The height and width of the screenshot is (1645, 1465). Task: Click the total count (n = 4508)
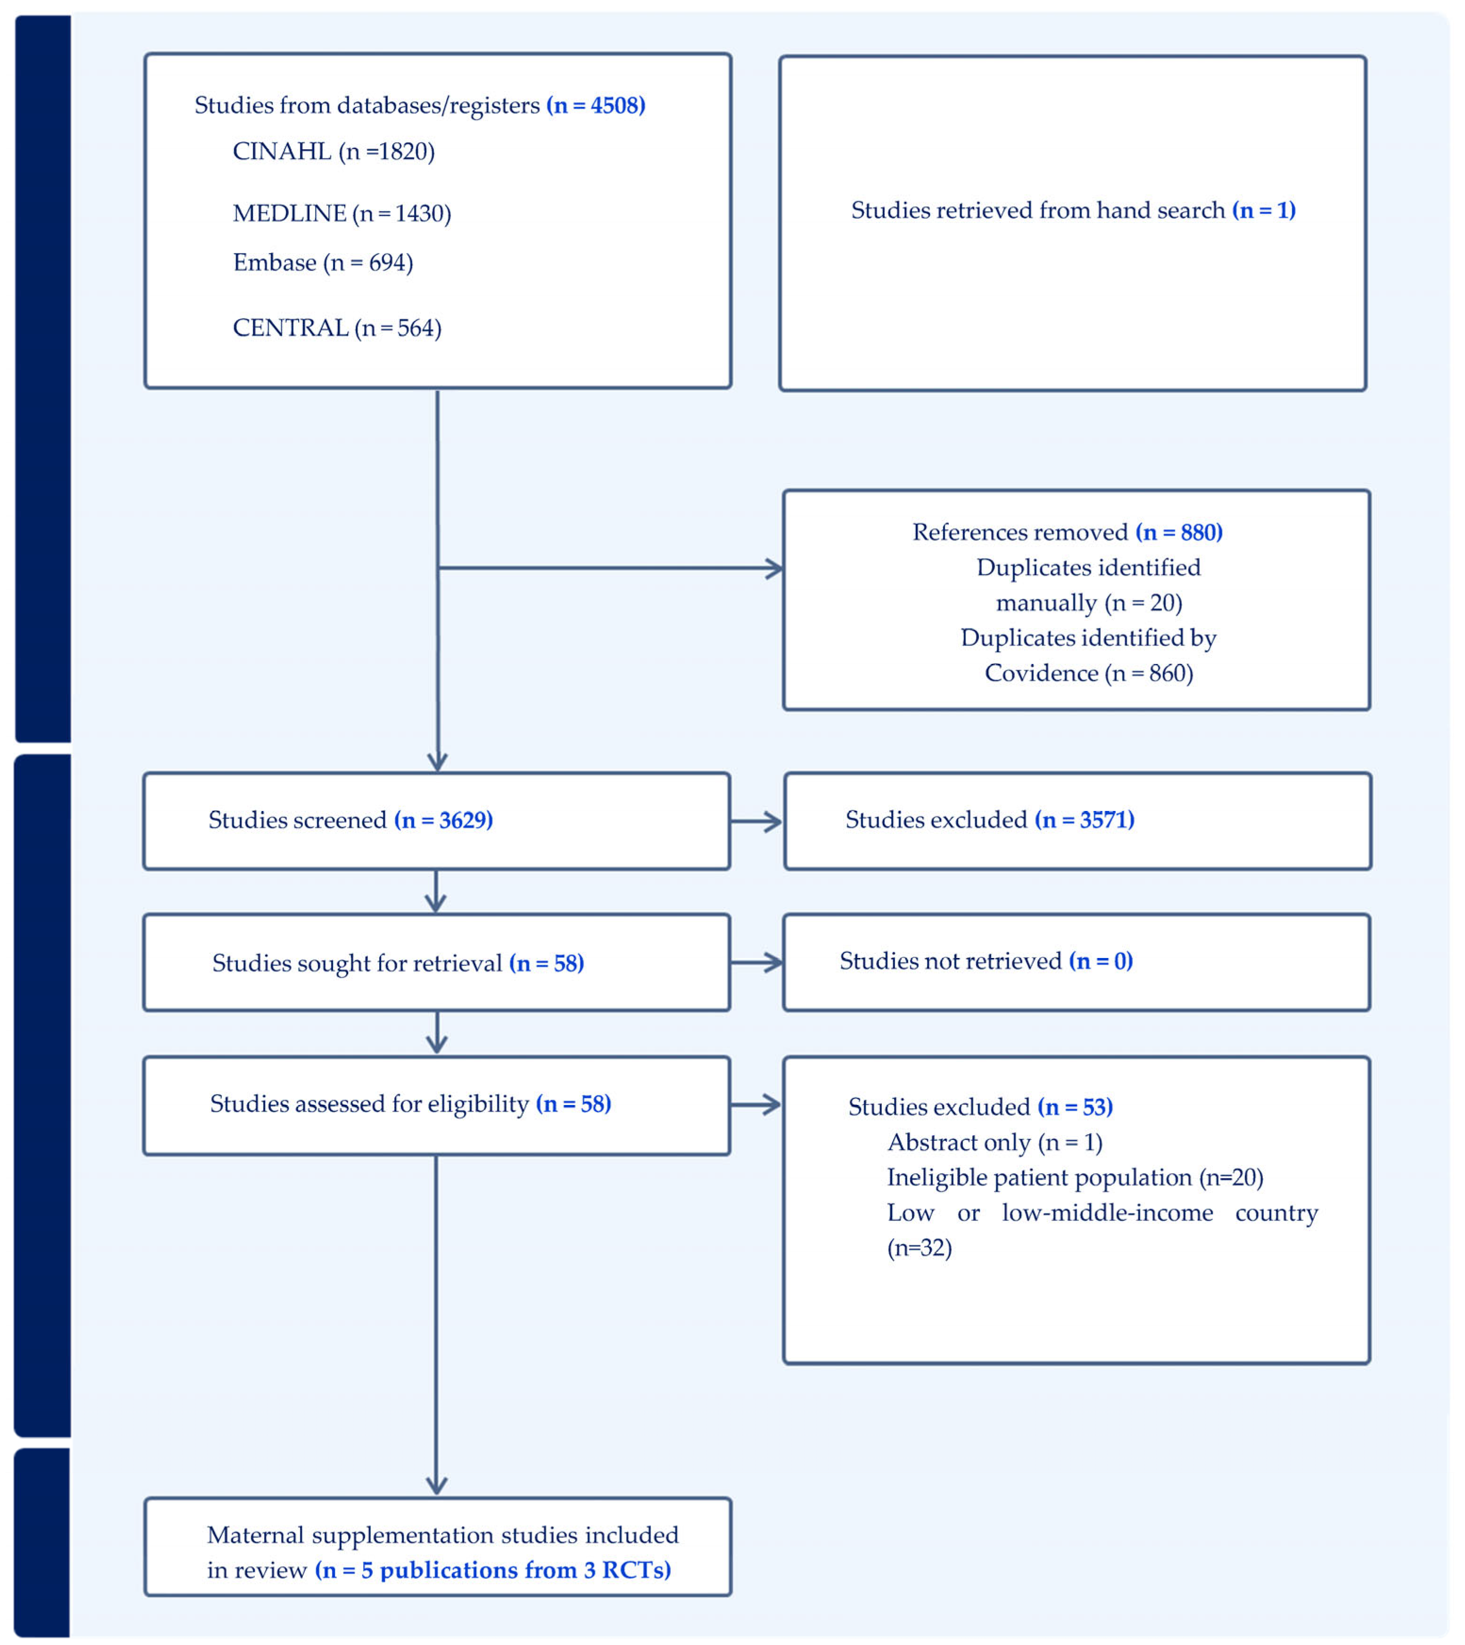[596, 106]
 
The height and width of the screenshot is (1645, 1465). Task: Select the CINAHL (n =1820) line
[333, 151]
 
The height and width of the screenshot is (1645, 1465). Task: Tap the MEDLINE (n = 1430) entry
[342, 213]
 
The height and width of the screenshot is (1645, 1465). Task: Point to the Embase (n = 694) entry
[323, 262]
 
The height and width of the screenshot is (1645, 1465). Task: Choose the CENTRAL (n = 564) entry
[336, 327]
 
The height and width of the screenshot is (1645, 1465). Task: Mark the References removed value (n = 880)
[1179, 532]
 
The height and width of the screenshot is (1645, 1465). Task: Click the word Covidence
[1041, 673]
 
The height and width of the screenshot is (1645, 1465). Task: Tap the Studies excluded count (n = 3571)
[1084, 820]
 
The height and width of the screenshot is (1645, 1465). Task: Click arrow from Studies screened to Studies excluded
[756, 821]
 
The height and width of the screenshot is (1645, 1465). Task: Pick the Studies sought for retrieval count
[546, 963]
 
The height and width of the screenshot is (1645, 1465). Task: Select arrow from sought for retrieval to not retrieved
[756, 962]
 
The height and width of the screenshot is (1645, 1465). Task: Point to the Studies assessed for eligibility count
[573, 1104]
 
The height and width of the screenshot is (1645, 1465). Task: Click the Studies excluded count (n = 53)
[1074, 1107]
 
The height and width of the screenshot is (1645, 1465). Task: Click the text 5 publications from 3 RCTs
[493, 1570]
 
